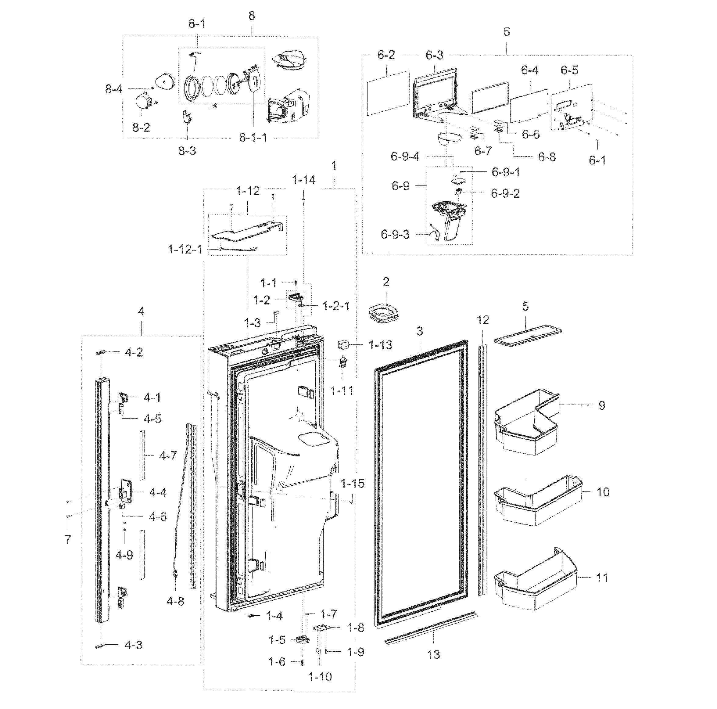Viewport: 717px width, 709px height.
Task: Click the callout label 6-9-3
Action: click(x=395, y=234)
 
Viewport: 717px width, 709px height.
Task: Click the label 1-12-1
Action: click(x=185, y=250)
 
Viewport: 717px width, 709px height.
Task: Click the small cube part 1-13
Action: click(x=342, y=346)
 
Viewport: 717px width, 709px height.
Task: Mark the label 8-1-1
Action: click(x=253, y=138)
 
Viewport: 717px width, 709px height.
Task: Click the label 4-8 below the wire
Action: click(x=175, y=601)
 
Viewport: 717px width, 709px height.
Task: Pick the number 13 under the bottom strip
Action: click(x=433, y=664)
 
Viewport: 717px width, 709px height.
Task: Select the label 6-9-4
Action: click(x=405, y=157)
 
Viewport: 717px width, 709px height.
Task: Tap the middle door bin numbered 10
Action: click(x=538, y=501)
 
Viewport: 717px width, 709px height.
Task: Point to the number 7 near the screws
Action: click(x=68, y=539)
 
